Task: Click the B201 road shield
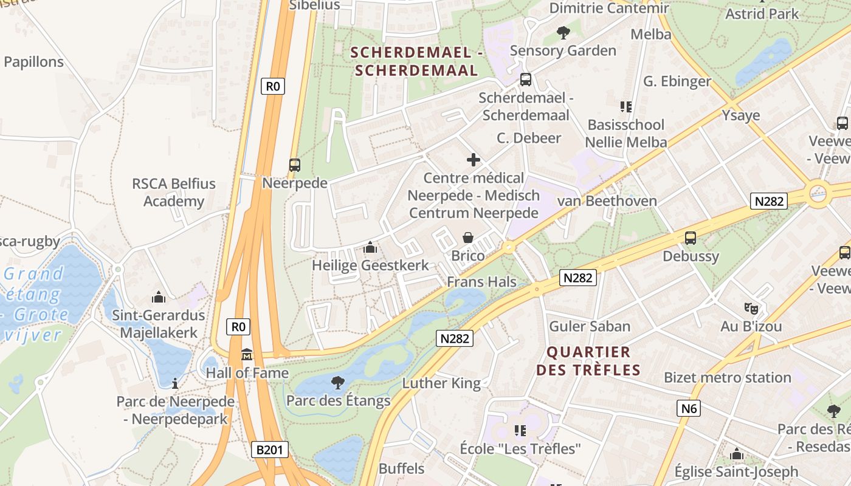[269, 450]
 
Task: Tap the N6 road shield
[689, 408]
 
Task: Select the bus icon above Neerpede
[295, 165]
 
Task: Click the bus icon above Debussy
[691, 238]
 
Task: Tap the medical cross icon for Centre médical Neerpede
[473, 160]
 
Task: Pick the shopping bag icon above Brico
[468, 237]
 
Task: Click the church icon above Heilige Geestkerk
[370, 247]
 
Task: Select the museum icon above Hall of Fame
[247, 354]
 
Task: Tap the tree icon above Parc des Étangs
[338, 382]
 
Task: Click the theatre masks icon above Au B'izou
[751, 308]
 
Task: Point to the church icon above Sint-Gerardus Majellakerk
[159, 297]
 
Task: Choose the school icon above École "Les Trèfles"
[520, 431]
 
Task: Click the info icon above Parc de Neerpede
[175, 383]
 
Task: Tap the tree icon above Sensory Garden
[563, 32]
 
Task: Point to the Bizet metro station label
[727, 377]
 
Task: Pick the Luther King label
[441, 383]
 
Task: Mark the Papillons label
[33, 62]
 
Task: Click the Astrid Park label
[762, 13]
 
